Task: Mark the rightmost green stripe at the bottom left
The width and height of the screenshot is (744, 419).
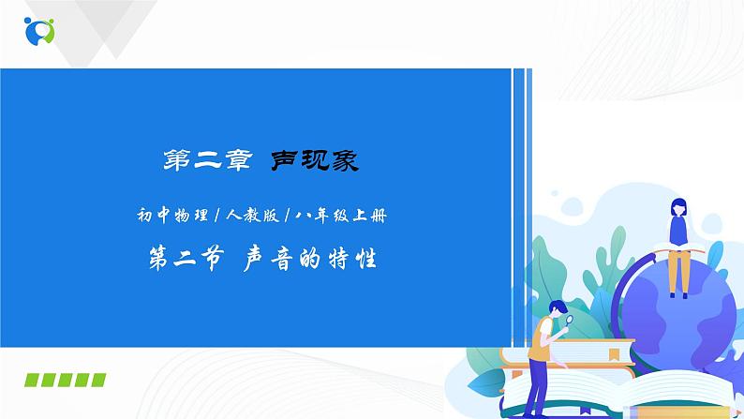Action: (x=97, y=380)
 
